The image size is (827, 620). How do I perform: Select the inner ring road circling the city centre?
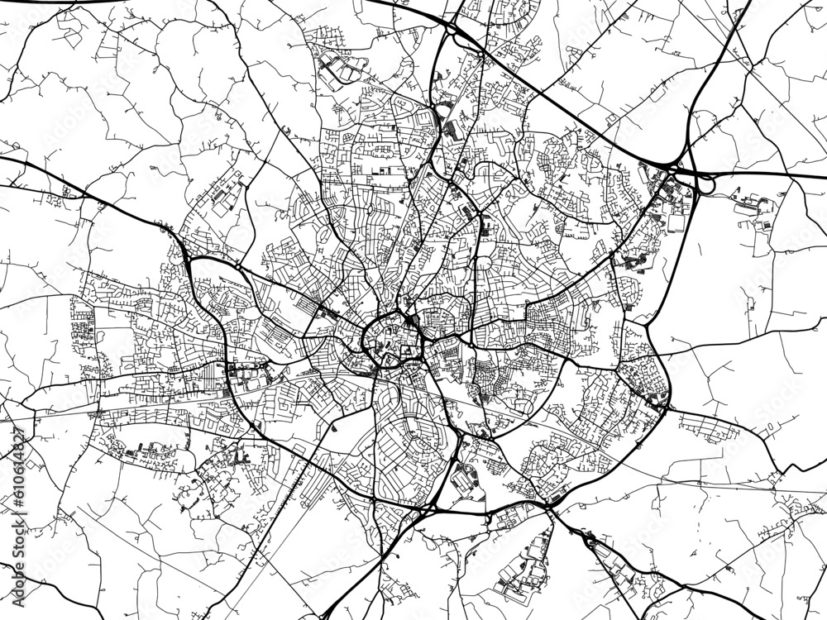365,340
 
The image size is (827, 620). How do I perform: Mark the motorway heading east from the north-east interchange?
769,175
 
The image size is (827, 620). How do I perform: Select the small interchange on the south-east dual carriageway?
589,540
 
